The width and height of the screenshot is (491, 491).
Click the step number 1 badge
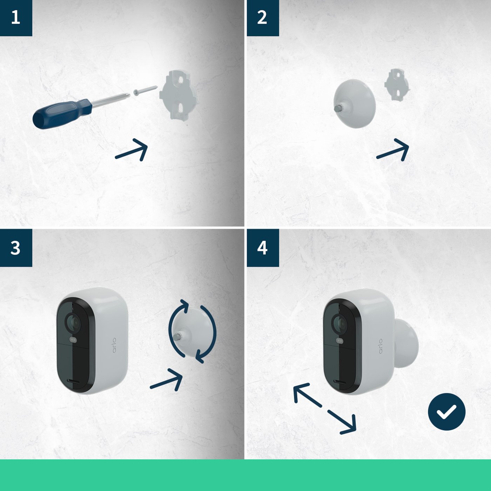coord(16,18)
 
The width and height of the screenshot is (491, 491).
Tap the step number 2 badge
coord(263,18)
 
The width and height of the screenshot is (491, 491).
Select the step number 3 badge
coord(16,248)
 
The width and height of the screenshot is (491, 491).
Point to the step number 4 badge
coord(263,248)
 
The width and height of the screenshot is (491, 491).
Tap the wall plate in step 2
coord(397,84)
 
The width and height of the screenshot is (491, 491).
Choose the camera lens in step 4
coord(340,322)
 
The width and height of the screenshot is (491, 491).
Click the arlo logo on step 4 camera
coord(380,346)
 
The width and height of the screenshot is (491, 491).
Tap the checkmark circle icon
coord(446,412)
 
